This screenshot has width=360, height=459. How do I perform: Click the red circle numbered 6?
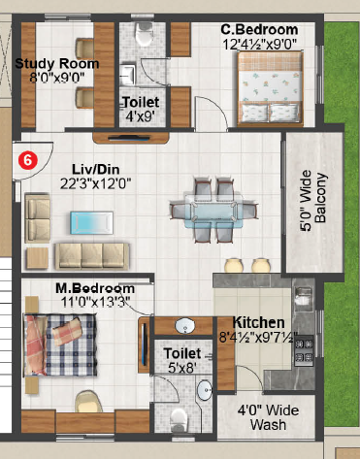pos(28,160)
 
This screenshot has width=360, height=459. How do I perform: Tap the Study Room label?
pos(57,63)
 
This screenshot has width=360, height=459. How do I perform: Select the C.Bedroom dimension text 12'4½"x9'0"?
pos(260,44)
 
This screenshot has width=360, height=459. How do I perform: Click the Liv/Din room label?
pos(95,169)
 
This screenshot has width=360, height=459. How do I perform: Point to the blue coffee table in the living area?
pos(92,222)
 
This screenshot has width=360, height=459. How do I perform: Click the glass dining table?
pos(213,211)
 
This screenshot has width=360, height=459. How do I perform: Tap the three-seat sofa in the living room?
pos(92,256)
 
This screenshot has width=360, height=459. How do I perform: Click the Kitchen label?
pos(259,322)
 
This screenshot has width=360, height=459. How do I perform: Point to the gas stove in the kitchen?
pos(304,350)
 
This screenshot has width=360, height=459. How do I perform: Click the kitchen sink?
pos(304,296)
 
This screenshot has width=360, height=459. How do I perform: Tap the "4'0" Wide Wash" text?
pos(268,417)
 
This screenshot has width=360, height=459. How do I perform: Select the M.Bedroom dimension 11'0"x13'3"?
pos(96,302)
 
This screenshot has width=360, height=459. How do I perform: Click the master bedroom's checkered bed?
pos(60,345)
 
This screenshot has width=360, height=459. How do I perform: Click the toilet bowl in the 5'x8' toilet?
pos(179,420)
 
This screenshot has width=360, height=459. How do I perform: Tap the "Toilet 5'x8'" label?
pos(182,360)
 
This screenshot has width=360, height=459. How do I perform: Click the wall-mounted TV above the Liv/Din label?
pos(129,139)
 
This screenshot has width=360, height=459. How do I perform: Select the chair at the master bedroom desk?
pos(86,401)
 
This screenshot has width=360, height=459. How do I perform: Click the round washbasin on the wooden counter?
pos(184,326)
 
